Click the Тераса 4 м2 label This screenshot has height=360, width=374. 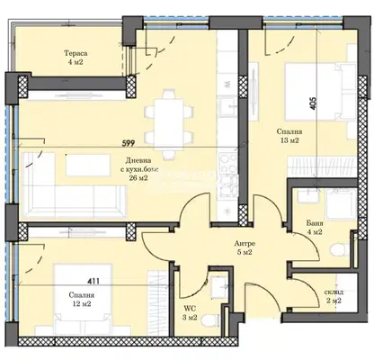coord(76,58)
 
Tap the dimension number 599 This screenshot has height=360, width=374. coord(128,143)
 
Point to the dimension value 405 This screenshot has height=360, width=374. coord(313,103)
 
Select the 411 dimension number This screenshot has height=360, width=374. coord(93,282)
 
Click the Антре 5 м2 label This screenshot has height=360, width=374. coord(245,247)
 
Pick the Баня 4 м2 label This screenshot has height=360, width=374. coord(315,228)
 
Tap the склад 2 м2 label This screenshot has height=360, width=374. coord(334,296)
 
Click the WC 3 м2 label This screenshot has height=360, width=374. coord(191,312)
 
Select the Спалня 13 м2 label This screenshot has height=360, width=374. coord(289,136)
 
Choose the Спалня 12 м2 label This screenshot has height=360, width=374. coord(82,299)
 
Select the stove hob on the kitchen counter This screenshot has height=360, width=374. coord(228,164)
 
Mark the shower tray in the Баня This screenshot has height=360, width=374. coord(342,204)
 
